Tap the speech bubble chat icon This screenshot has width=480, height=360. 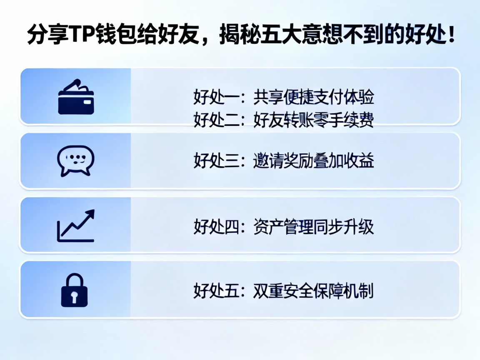click(x=75, y=160)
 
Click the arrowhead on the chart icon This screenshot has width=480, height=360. click(x=90, y=215)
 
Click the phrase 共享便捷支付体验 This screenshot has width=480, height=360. click(x=313, y=97)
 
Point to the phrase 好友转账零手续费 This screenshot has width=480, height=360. click(x=313, y=120)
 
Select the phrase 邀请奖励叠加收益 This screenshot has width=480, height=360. click(x=313, y=161)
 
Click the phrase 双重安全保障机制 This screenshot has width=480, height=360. click(x=313, y=291)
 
